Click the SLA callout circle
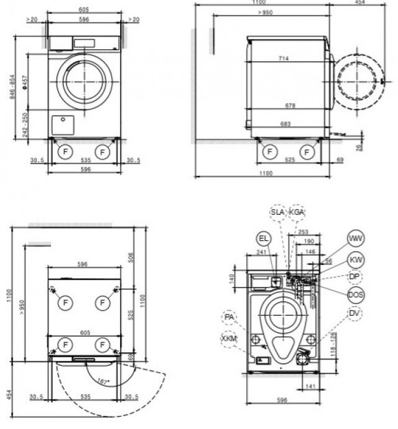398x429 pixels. (277, 213)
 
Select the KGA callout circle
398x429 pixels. (297, 213)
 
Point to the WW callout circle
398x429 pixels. (355, 239)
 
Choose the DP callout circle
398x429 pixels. (355, 277)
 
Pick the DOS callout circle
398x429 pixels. (355, 294)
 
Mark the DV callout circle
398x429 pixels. (355, 314)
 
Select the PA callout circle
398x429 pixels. (230, 318)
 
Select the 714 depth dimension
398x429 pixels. (283, 59)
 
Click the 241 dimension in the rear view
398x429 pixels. (261, 253)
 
